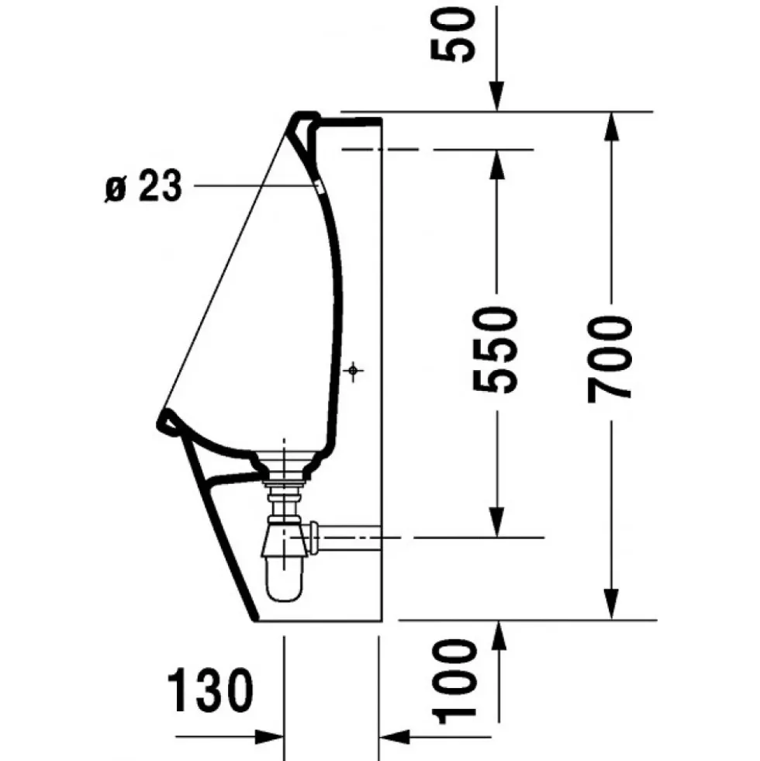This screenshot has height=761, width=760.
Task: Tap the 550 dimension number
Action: [495, 348]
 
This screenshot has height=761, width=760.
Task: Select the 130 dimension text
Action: [210, 690]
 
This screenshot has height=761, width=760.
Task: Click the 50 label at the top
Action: [452, 35]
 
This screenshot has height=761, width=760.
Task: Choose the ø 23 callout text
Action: [143, 185]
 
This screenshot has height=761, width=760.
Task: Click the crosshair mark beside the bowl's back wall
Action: [354, 371]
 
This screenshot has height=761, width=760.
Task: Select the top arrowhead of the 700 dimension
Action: [611, 126]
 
